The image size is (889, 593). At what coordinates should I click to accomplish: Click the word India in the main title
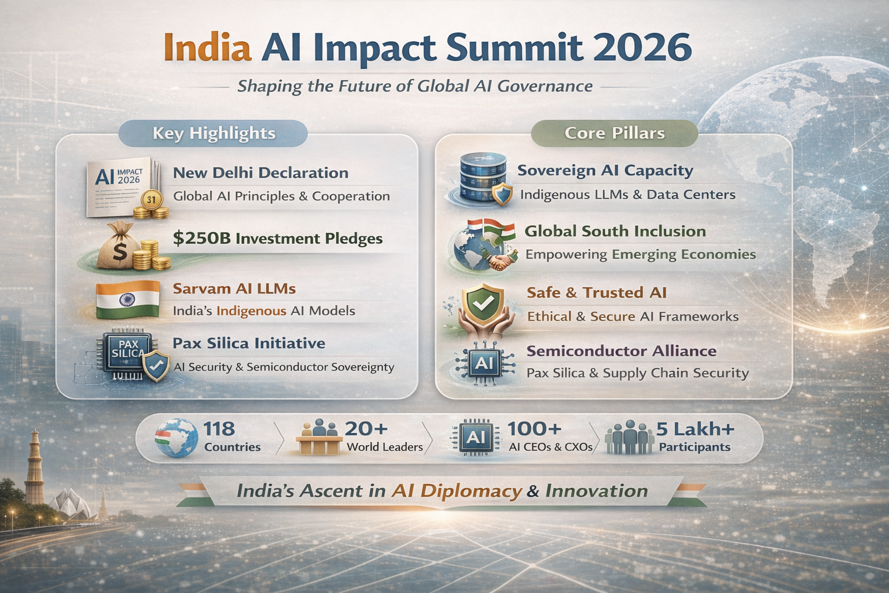pos(208,47)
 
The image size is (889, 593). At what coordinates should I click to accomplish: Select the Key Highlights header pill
pos(214,133)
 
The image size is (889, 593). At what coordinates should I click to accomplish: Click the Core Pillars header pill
pos(614,133)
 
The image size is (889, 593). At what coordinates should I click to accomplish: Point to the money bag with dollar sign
pos(117,247)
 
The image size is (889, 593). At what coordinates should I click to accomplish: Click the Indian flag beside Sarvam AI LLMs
pos(127,299)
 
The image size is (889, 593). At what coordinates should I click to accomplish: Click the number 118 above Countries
pos(219,429)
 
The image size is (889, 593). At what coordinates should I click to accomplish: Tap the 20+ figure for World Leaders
pos(366,429)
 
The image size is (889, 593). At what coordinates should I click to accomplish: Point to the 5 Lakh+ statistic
pos(695,429)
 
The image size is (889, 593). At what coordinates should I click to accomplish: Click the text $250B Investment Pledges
pos(278,239)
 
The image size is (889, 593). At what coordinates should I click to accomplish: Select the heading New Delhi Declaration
pos(260,173)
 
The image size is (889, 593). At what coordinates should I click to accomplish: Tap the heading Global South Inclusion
pos(615,231)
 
